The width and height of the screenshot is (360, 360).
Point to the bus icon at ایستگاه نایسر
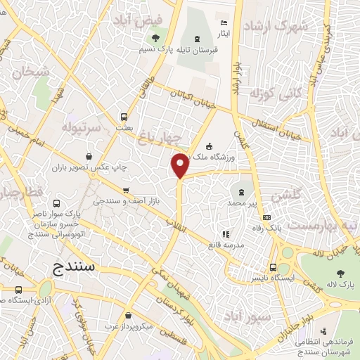click(x=274, y=267)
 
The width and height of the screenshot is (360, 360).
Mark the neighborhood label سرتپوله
click(x=86, y=127)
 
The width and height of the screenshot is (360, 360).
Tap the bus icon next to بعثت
click(x=124, y=117)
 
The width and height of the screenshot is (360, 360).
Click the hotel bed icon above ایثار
click(x=224, y=22)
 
